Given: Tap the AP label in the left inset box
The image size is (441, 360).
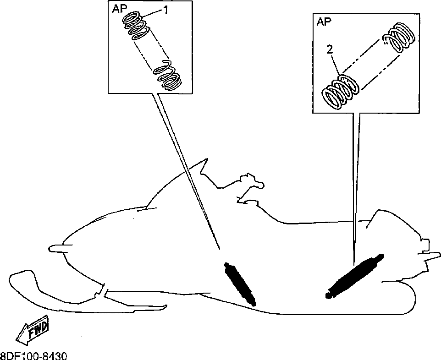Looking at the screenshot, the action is coord(117,10).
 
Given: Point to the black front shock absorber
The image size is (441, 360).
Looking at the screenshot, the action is coord(239,283).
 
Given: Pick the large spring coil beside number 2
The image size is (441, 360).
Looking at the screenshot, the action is coord(340,92).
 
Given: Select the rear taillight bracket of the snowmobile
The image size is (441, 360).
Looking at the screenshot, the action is coord(424,245).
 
